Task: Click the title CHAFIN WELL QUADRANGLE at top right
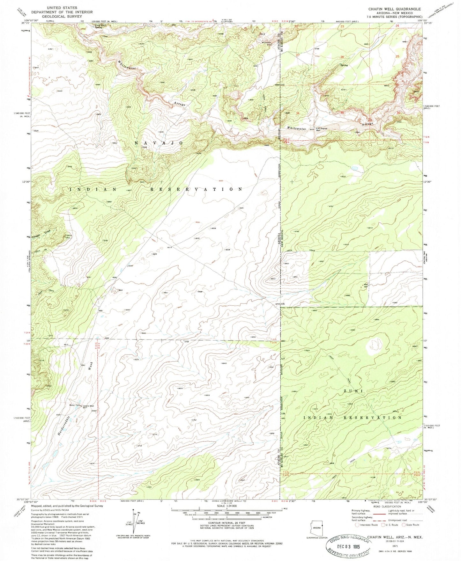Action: [395, 9]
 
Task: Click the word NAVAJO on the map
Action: [159, 143]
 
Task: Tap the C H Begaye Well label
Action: [322, 129]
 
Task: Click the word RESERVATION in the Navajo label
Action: [196, 189]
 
